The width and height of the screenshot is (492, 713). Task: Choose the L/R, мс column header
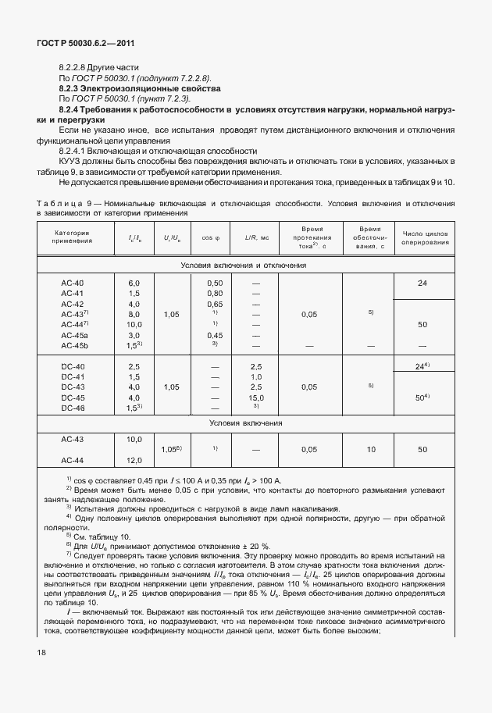pos(256,237)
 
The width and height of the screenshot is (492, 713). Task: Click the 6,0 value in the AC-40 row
pos(134,282)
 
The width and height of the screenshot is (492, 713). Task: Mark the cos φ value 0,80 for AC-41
pos(215,293)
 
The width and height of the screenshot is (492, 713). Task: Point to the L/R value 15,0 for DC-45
pos(255,397)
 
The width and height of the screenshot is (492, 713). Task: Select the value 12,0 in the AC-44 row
pos(134,460)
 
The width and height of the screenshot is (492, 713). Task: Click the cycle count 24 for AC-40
pos(422,282)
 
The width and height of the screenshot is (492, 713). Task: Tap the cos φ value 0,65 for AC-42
pos(215,303)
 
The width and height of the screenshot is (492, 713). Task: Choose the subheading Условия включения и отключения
pos(243,265)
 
